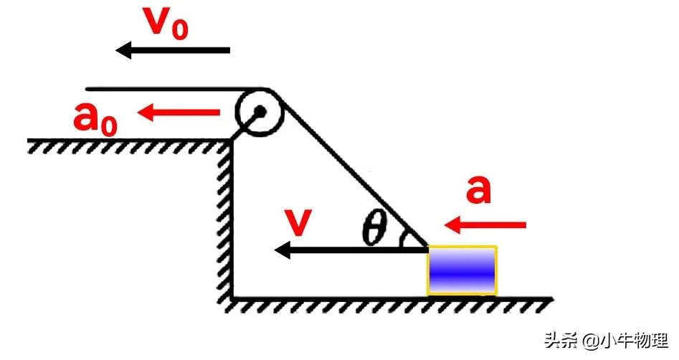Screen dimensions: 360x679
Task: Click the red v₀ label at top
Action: (166, 24)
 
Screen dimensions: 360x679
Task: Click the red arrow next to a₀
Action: (179, 112)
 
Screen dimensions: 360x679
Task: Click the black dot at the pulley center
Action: (260, 111)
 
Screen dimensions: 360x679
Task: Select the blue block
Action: (462, 270)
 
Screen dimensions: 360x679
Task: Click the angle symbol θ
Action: (374, 229)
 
